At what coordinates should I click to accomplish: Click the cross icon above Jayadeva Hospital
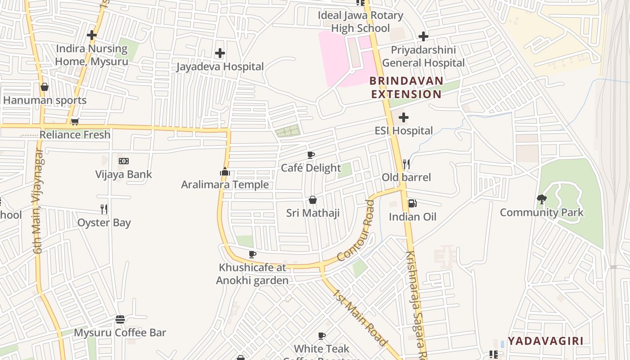(x=220, y=53)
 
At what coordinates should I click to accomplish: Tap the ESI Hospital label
(x=404, y=131)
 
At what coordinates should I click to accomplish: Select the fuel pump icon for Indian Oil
(x=412, y=203)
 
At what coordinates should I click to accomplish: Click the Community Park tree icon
(x=542, y=199)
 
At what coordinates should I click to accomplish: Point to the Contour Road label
(x=356, y=231)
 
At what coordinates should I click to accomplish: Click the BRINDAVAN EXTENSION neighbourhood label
(x=406, y=88)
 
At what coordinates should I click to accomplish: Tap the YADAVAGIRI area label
(x=545, y=341)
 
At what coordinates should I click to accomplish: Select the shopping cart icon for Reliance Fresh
(x=75, y=121)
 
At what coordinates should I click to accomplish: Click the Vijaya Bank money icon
(x=124, y=161)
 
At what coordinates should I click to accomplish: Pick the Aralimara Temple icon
(x=225, y=171)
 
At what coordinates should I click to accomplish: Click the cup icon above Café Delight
(x=310, y=155)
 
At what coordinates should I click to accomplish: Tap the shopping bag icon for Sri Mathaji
(x=313, y=200)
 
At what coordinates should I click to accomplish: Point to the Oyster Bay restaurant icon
(x=104, y=209)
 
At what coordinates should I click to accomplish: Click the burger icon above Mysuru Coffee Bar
(x=120, y=319)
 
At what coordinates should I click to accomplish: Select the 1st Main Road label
(x=360, y=317)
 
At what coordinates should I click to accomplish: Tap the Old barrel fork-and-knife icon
(x=406, y=164)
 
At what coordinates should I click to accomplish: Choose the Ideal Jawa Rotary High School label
(x=360, y=22)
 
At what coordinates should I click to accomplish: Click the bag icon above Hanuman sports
(x=45, y=87)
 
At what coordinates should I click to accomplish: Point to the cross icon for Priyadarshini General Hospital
(x=423, y=36)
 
